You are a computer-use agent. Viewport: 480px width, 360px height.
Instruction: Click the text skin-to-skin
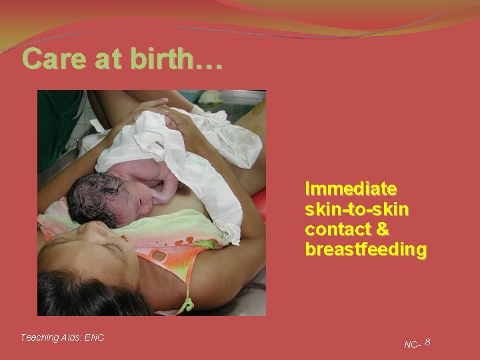pos(357,208)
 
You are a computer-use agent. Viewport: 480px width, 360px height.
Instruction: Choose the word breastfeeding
pos(365,249)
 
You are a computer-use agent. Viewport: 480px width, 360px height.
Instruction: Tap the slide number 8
pos(427,342)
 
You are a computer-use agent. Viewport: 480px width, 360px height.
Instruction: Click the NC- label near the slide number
pos(412,345)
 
